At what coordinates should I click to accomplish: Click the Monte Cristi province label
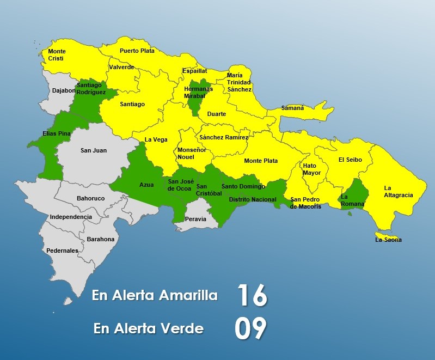click(57, 54)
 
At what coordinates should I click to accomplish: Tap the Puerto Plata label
click(137, 51)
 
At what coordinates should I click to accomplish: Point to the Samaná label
click(292, 108)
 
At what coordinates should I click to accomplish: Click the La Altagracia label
click(398, 191)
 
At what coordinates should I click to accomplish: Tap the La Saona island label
click(388, 240)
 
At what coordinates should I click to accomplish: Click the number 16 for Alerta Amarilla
click(252, 296)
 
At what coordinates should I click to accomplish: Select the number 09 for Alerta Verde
click(250, 328)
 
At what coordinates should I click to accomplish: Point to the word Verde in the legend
click(185, 328)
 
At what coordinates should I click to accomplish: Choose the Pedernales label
click(62, 251)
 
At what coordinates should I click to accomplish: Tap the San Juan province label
click(94, 150)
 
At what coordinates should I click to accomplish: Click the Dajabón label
click(64, 90)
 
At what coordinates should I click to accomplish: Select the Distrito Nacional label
click(253, 200)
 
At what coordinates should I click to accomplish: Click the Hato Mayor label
click(312, 169)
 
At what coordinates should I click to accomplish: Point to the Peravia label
click(196, 219)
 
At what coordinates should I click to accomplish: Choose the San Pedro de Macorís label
click(305, 203)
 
